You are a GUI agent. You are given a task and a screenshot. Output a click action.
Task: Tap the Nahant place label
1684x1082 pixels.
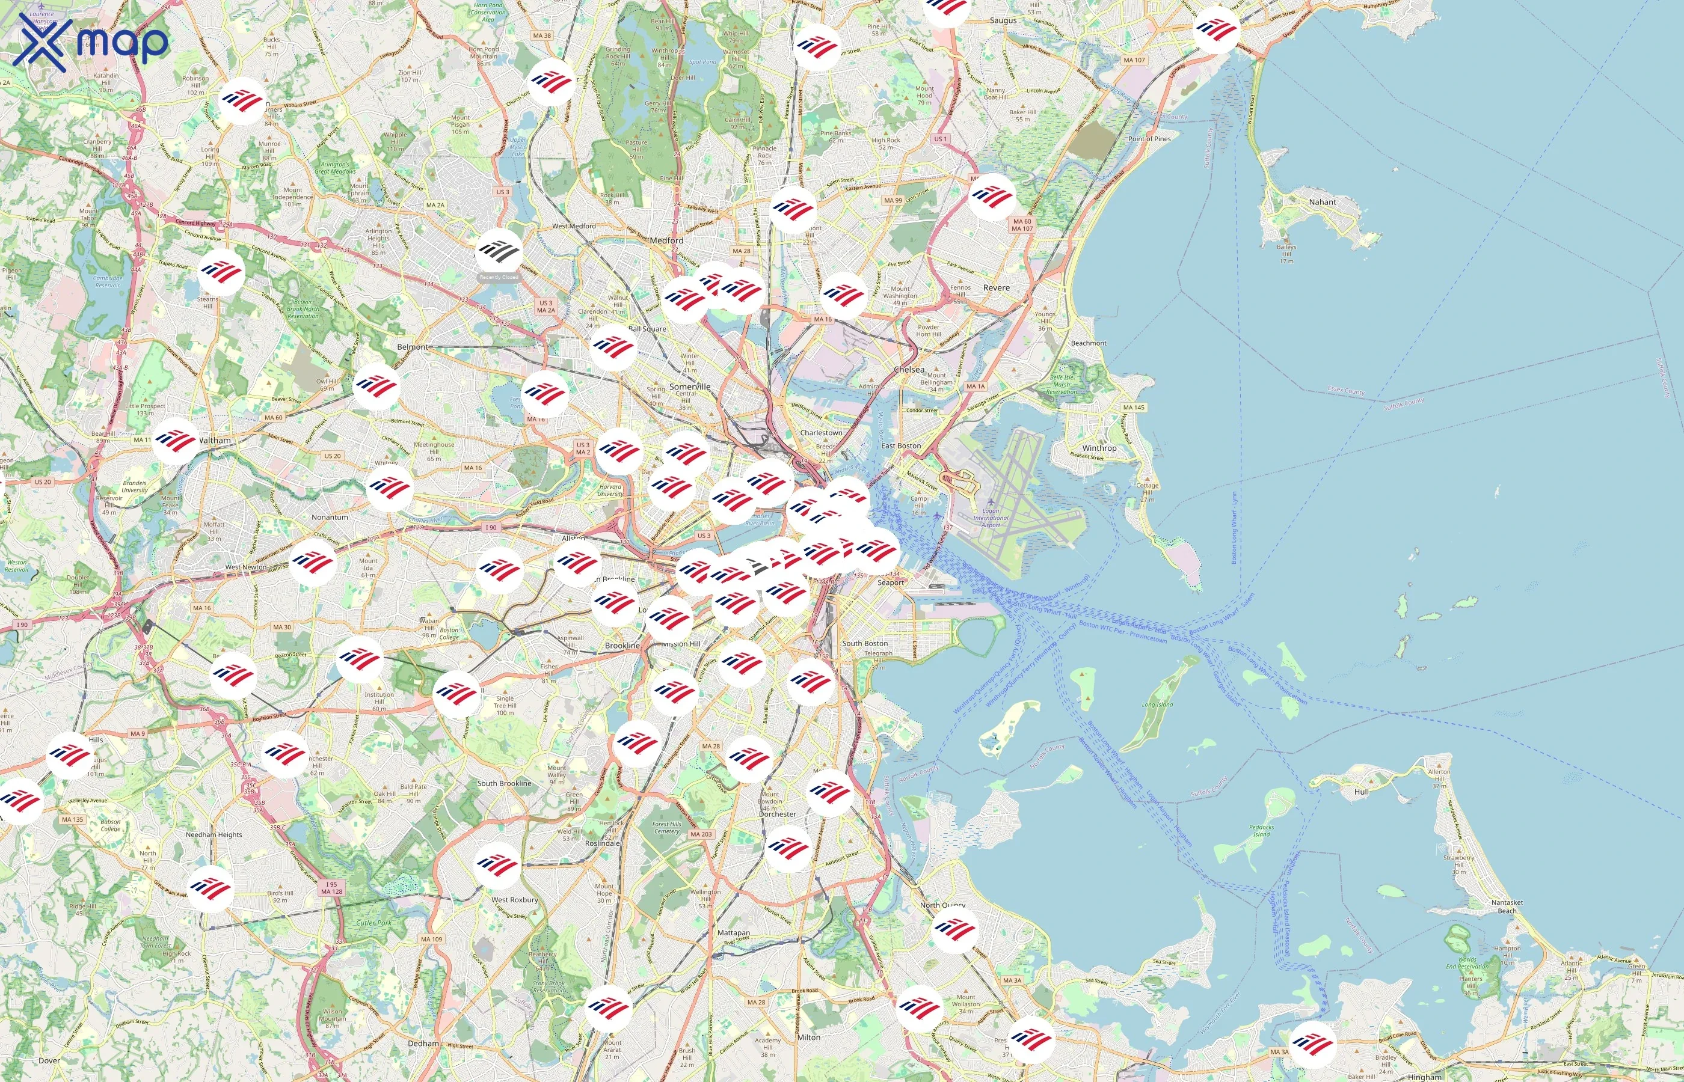(1322, 201)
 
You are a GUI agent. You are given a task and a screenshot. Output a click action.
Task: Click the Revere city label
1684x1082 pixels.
(996, 287)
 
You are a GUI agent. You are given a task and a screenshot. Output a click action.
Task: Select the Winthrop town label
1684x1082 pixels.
(1099, 448)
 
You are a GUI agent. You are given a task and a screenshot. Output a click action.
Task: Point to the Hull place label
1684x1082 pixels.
(1360, 791)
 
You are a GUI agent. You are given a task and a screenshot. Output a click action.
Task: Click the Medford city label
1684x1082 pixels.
(666, 240)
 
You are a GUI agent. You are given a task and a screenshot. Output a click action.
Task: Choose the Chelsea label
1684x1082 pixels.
(909, 370)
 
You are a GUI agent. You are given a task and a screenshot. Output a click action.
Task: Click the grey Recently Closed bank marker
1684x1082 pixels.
(499, 251)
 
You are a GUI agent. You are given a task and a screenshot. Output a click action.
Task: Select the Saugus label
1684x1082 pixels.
(1003, 20)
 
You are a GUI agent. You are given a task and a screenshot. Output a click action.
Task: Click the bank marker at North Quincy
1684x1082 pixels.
(954, 929)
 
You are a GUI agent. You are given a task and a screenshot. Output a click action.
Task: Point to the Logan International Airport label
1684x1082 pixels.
(991, 518)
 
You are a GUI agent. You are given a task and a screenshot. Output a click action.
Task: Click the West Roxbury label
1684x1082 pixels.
(514, 899)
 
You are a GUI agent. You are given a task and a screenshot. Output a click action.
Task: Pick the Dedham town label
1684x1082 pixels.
(424, 1044)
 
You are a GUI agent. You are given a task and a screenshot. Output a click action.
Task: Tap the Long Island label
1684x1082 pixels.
(1157, 704)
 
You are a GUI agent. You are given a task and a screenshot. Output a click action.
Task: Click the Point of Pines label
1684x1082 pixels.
(1149, 138)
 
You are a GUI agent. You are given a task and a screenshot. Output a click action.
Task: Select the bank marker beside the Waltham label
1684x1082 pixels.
(176, 441)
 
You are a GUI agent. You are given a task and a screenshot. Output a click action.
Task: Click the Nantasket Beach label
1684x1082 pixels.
(1507, 906)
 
